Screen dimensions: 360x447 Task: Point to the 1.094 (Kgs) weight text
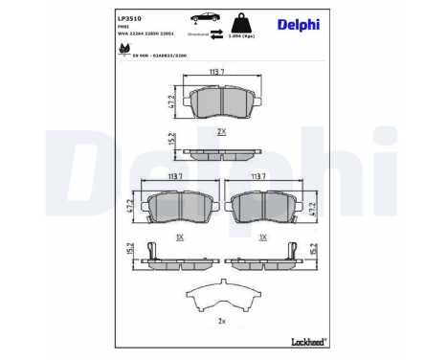[x=240, y=34]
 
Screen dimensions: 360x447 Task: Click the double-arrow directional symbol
[x=203, y=28]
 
